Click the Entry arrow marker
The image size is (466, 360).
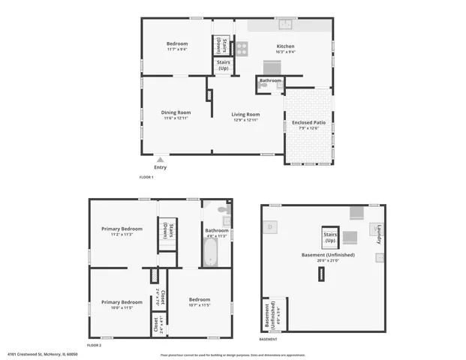(x=161, y=159)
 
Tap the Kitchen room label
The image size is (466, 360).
(x=286, y=46)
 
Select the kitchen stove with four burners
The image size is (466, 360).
(x=242, y=49)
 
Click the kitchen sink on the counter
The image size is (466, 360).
(x=285, y=22)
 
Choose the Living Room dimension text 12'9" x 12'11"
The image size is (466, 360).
(x=245, y=120)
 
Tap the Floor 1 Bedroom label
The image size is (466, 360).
(x=177, y=43)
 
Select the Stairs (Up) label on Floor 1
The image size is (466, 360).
(x=224, y=66)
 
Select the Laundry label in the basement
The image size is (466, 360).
(x=380, y=235)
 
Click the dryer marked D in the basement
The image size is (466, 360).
(x=271, y=226)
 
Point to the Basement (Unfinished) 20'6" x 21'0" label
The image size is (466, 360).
(x=328, y=255)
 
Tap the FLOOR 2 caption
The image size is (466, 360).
(x=95, y=344)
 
